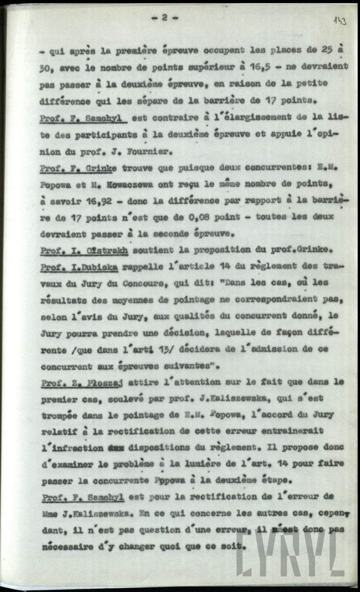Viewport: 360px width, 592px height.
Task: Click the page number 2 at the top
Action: point(164,18)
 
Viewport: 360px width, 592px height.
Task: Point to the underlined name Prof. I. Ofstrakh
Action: point(84,250)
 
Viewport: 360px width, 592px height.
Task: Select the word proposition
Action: point(216,250)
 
